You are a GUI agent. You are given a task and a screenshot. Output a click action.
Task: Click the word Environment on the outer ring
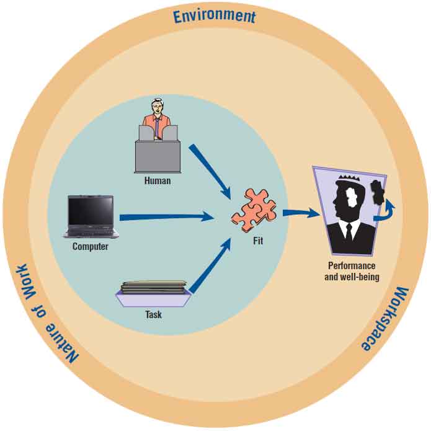pyautogui.click(x=214, y=16)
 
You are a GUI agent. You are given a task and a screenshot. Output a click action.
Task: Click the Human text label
pyautogui.click(x=157, y=181)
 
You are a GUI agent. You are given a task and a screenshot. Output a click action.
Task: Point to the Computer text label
pyautogui.click(x=91, y=246)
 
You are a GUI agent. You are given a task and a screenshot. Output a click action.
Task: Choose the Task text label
pyautogui.click(x=153, y=314)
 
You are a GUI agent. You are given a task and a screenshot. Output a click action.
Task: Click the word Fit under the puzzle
pyautogui.click(x=257, y=241)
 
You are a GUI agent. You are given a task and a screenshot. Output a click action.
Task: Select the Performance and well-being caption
pyautogui.click(x=352, y=271)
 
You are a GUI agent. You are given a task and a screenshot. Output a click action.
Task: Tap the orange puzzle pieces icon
pyautogui.click(x=254, y=211)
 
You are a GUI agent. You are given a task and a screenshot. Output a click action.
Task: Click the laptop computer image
pyautogui.click(x=91, y=216)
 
